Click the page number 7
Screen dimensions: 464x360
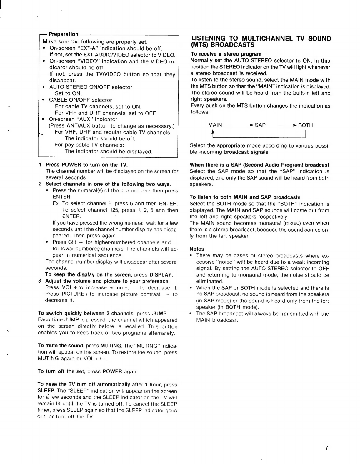pyautogui.click(x=326, y=448)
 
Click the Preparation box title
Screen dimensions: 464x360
pyautogui.click(x=64, y=34)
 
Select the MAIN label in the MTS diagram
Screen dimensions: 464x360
pyautogui.click(x=215, y=125)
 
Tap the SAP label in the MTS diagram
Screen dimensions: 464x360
pyautogui.click(x=260, y=125)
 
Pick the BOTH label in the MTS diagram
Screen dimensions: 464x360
pyautogui.click(x=306, y=125)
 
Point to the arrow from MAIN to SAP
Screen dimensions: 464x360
pyautogui.click(x=238, y=125)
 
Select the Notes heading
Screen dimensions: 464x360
pyautogui.click(x=197, y=249)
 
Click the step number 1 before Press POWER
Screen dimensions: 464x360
pyautogui.click(x=40, y=165)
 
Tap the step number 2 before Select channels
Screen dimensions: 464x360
pyautogui.click(x=40, y=184)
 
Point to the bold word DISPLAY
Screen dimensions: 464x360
pyautogui.click(x=161, y=275)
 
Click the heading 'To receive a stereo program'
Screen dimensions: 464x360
pyautogui.click(x=226, y=54)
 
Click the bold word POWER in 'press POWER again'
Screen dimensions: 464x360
pyautogui.click(x=112, y=371)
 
